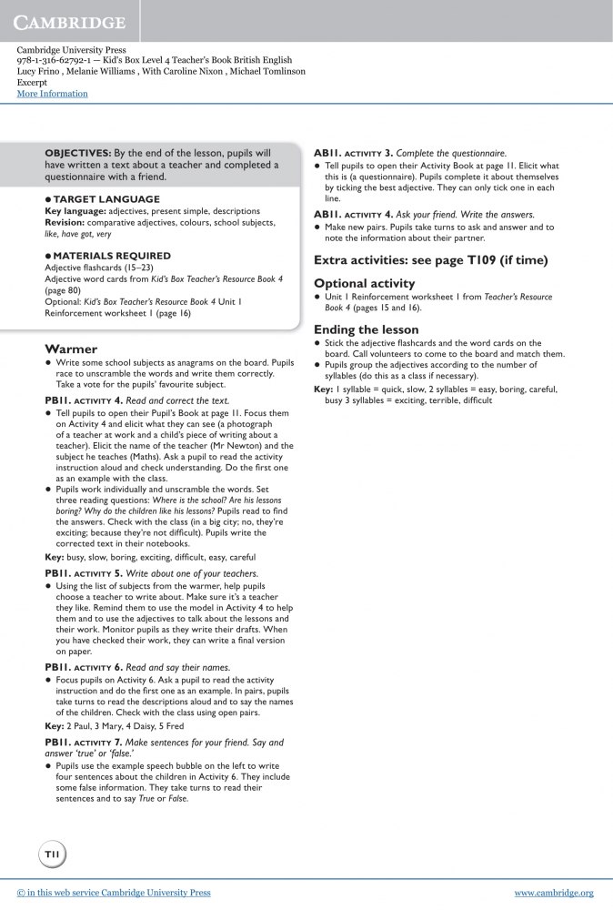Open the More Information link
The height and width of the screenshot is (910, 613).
coord(52,94)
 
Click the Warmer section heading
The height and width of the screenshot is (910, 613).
coord(71,349)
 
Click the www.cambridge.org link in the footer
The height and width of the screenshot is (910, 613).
coord(553,893)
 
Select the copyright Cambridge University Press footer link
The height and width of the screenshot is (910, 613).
coord(114,893)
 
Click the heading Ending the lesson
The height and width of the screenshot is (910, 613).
coord(366,329)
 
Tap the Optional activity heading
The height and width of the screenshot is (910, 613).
coord(364,283)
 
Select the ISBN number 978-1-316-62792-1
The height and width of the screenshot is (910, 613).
coord(57,60)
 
